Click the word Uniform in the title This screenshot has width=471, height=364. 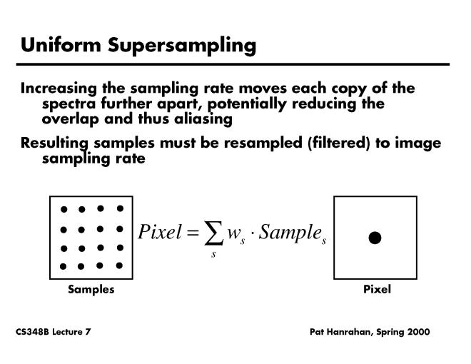61,45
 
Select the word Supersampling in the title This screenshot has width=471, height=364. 182,46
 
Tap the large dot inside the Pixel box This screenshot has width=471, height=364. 375,238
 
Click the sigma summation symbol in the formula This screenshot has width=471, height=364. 213,233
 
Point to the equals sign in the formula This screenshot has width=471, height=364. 193,233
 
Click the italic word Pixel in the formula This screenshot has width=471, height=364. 160,231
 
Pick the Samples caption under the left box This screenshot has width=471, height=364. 91,289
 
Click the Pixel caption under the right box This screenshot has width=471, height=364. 377,289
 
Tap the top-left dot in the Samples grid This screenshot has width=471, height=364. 64,209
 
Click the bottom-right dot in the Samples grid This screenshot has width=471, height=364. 119,266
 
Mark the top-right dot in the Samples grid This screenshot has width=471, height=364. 120,208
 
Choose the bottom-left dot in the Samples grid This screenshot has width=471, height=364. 63,266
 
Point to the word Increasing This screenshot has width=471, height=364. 59,89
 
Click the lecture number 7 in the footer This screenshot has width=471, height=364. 88,332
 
